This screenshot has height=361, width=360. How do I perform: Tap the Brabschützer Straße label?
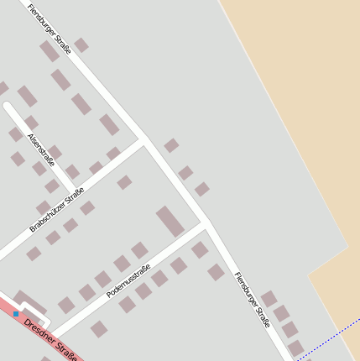[57, 209]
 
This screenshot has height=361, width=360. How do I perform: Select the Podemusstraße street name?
[128, 280]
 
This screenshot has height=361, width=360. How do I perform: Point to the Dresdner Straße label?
[50, 337]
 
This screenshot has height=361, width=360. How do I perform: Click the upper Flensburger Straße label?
[50, 29]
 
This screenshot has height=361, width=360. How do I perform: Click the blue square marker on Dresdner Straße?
[16, 314]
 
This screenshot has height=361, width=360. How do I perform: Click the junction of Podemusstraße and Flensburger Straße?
[205, 224]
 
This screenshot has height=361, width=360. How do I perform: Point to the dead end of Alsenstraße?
[8, 107]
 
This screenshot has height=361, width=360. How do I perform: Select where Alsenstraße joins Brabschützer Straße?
[75, 191]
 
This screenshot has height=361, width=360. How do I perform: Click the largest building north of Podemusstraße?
[170, 221]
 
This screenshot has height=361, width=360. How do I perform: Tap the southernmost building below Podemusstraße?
[99, 329]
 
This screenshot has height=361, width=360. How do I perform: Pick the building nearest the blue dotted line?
[295, 347]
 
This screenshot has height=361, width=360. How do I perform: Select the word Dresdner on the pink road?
[38, 327]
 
